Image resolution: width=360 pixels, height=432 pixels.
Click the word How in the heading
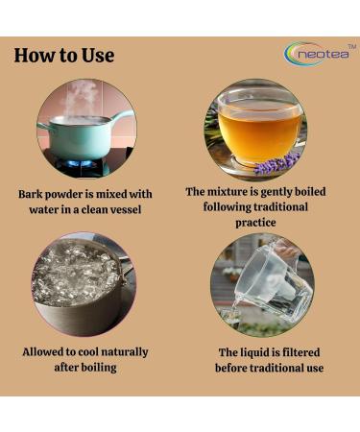coord(36,55)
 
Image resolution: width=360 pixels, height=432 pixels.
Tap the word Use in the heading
coord(97,55)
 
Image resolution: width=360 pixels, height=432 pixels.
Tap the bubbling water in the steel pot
coord(77,278)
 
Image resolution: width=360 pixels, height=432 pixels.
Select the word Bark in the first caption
coord(35,193)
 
